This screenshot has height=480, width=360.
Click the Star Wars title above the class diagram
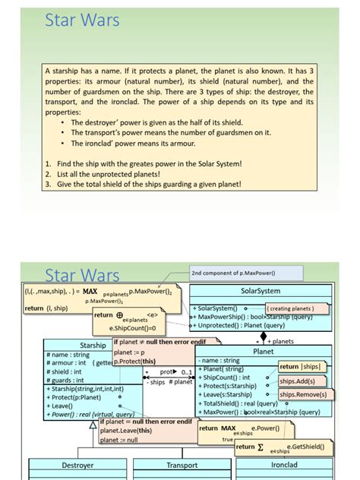click(82, 274)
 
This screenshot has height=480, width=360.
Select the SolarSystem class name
click(261, 291)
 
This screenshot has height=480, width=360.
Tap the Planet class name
click(263, 352)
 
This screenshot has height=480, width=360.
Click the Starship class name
click(93, 346)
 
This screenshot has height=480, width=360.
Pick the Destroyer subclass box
click(72, 465)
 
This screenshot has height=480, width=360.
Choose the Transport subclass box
click(182, 465)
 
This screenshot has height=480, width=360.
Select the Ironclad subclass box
click(284, 465)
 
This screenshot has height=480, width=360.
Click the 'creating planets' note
click(292, 308)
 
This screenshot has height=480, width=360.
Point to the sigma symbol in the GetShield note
click(261, 447)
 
